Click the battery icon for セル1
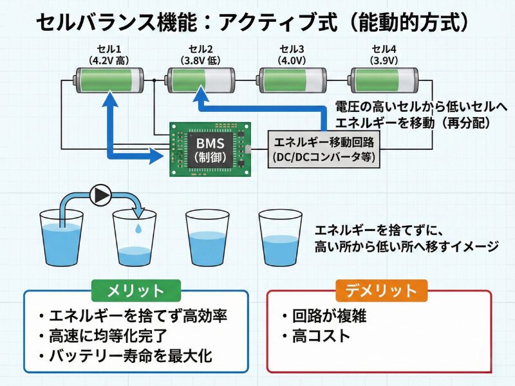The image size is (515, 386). [x=108, y=81]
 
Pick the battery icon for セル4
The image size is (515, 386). [x=384, y=81]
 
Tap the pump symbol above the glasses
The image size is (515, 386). [x=100, y=194]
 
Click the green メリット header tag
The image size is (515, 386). [x=136, y=291]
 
